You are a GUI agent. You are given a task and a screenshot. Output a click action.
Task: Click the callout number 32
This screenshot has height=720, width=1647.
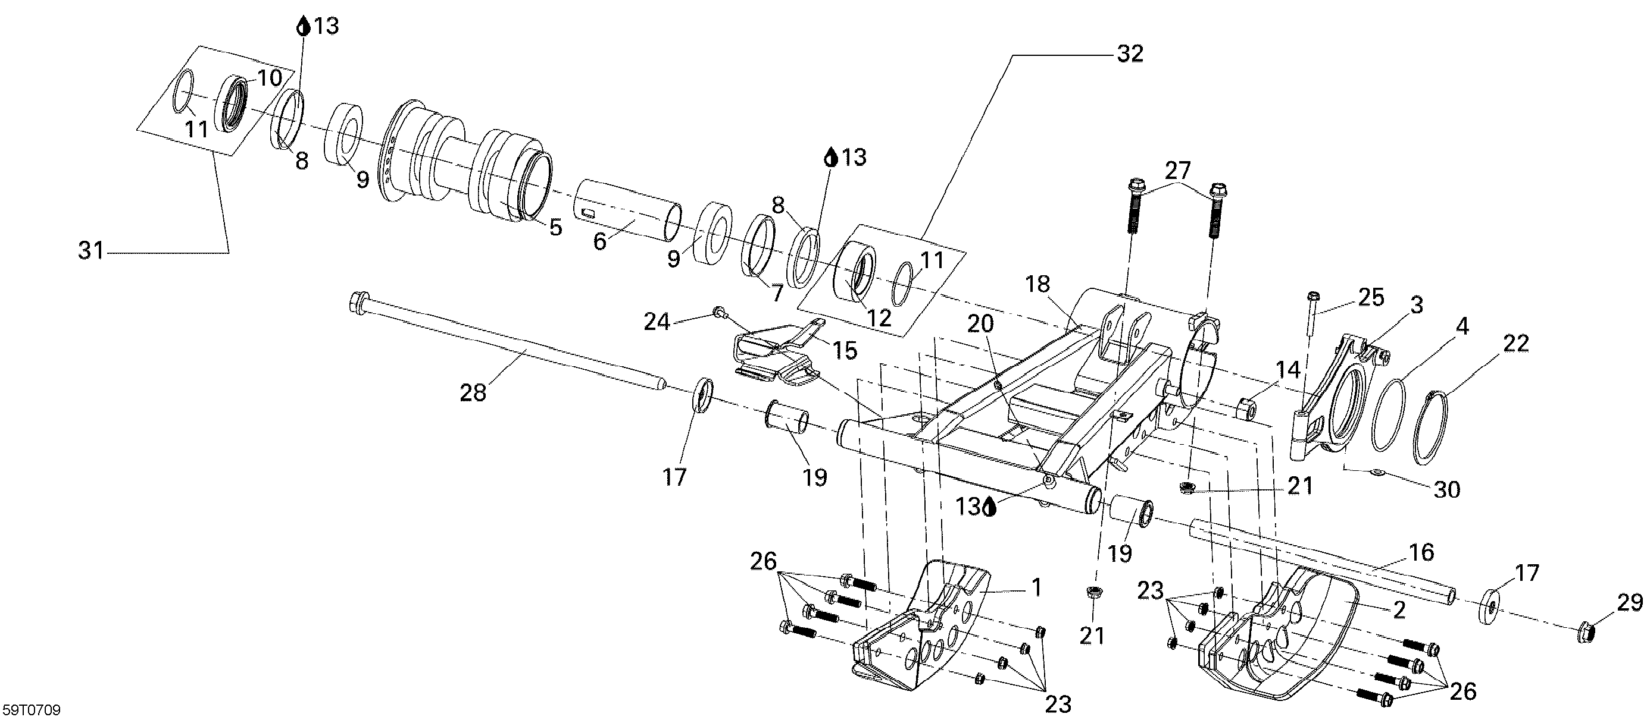[1130, 54]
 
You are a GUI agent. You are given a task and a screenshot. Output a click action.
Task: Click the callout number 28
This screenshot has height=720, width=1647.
[473, 392]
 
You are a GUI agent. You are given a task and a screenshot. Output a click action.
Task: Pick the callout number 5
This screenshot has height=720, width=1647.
[555, 227]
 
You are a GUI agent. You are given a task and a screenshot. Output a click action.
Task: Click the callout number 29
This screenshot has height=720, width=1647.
[1630, 602]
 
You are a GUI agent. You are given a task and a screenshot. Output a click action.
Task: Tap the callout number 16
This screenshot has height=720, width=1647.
[1421, 552]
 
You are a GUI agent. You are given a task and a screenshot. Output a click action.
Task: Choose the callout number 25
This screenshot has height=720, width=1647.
[1371, 297]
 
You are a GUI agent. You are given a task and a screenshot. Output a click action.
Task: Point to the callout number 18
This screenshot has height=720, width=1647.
[1037, 284]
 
